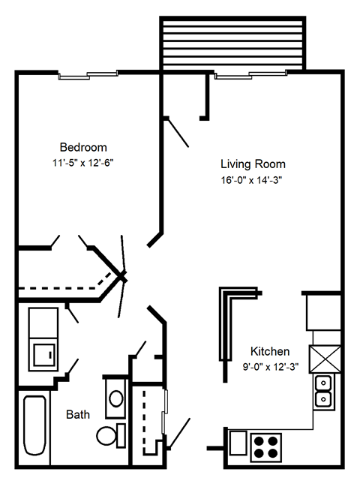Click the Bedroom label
point(83,147)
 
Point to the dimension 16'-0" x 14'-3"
point(251,179)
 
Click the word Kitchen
point(269,351)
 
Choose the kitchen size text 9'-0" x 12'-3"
point(269,366)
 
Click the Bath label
point(78,413)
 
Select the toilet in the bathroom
point(109,434)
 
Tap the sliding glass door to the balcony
point(250,74)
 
